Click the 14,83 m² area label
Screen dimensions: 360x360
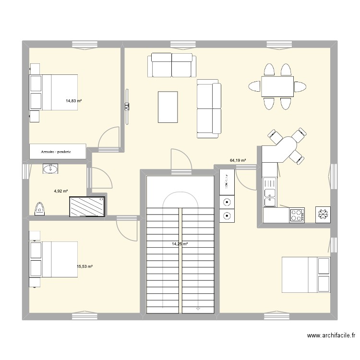74,101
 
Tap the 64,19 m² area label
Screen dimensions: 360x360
238,160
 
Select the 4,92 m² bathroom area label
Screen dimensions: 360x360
61,191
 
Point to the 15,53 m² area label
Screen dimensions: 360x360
84,266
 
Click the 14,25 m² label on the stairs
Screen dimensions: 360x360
180,244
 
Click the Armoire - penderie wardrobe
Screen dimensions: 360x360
58,152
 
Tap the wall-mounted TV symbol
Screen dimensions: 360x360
127,107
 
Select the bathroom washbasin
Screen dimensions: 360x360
50,169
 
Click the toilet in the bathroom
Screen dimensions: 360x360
40,209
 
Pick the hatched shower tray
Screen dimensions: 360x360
87,206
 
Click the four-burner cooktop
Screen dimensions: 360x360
297,215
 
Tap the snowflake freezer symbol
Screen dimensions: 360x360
323,215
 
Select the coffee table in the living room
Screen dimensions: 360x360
168,107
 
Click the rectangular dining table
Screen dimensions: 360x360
277,86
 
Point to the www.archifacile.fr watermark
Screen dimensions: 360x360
331,336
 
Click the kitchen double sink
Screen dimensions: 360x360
270,192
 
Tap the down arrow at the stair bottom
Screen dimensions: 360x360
198,309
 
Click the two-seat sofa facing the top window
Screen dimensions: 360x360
172,65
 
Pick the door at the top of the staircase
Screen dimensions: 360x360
181,159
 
